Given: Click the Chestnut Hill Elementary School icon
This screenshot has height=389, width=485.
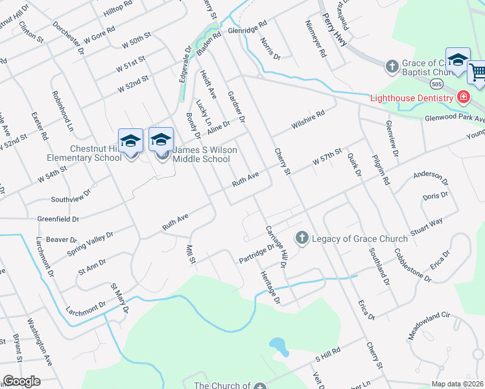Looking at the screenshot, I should (130, 141).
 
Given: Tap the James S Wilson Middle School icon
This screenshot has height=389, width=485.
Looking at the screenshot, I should (161, 139).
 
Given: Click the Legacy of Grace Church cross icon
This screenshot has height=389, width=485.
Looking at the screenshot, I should (302, 239).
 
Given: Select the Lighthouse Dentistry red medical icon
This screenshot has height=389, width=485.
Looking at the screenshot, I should (463, 98).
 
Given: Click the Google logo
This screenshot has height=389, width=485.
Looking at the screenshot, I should (21, 381).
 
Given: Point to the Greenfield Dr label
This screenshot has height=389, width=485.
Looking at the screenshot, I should (58, 219).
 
